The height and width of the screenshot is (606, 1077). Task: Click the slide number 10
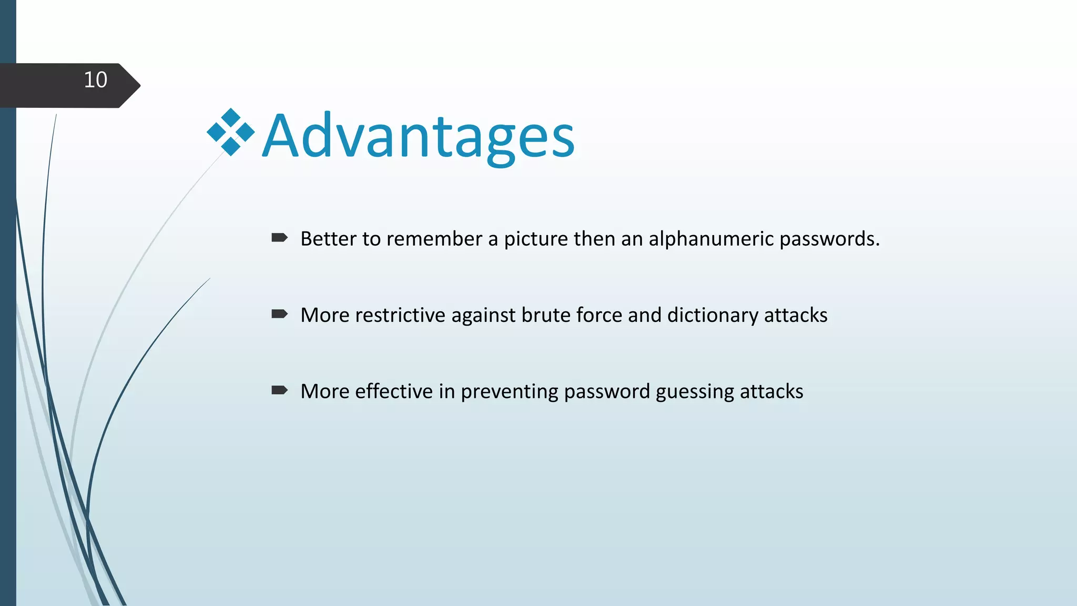[x=95, y=80]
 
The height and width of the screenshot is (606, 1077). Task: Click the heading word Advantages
[x=418, y=137]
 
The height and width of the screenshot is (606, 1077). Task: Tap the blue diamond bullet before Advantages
[x=230, y=132]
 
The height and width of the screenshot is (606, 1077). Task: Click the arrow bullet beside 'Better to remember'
[x=279, y=238]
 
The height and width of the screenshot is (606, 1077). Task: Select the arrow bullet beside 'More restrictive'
[x=279, y=314]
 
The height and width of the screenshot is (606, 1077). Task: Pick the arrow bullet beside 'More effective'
[x=279, y=390]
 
